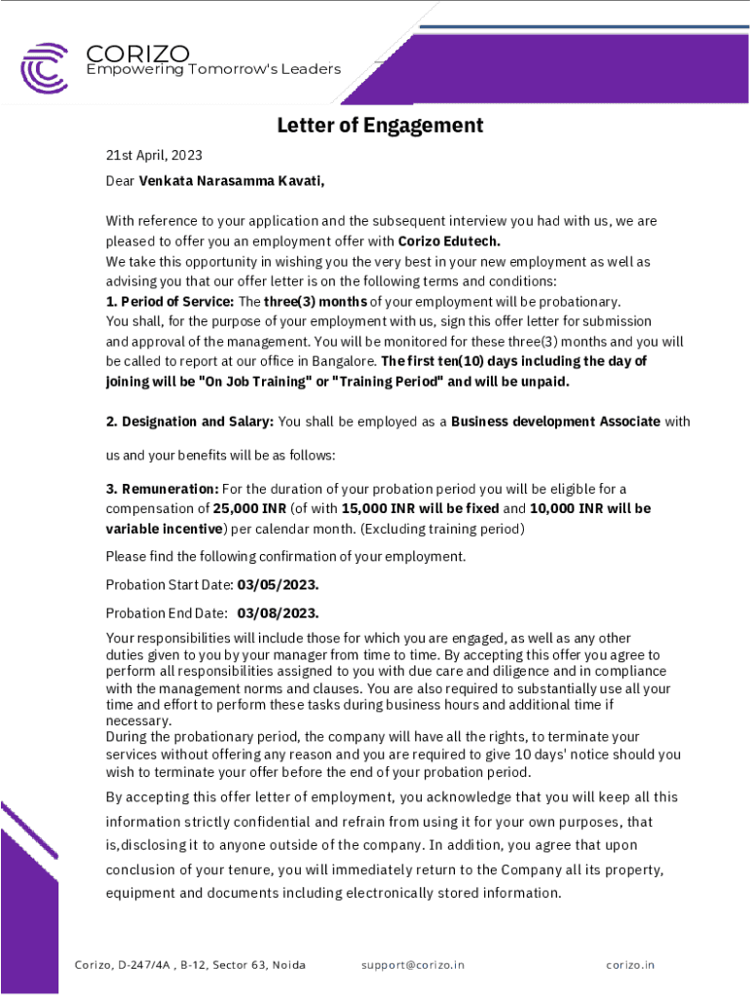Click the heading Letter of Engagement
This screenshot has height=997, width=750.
(x=380, y=126)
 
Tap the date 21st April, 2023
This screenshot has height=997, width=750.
(x=154, y=156)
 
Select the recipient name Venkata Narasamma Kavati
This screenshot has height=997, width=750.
(x=231, y=181)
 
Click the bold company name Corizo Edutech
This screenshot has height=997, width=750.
(x=449, y=241)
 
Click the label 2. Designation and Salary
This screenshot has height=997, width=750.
(x=190, y=422)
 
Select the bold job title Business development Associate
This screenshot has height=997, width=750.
(x=555, y=422)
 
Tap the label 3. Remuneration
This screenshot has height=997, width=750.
(x=162, y=489)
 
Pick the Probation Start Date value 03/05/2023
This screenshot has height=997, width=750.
(x=279, y=585)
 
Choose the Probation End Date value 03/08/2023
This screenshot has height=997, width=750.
(x=279, y=613)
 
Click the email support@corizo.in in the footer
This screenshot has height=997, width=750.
(x=413, y=965)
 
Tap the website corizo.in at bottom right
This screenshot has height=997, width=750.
(x=630, y=965)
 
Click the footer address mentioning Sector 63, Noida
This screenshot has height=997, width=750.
(x=190, y=965)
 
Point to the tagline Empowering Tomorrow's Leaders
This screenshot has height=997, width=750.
(x=213, y=69)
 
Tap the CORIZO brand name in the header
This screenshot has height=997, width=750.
(x=137, y=53)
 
